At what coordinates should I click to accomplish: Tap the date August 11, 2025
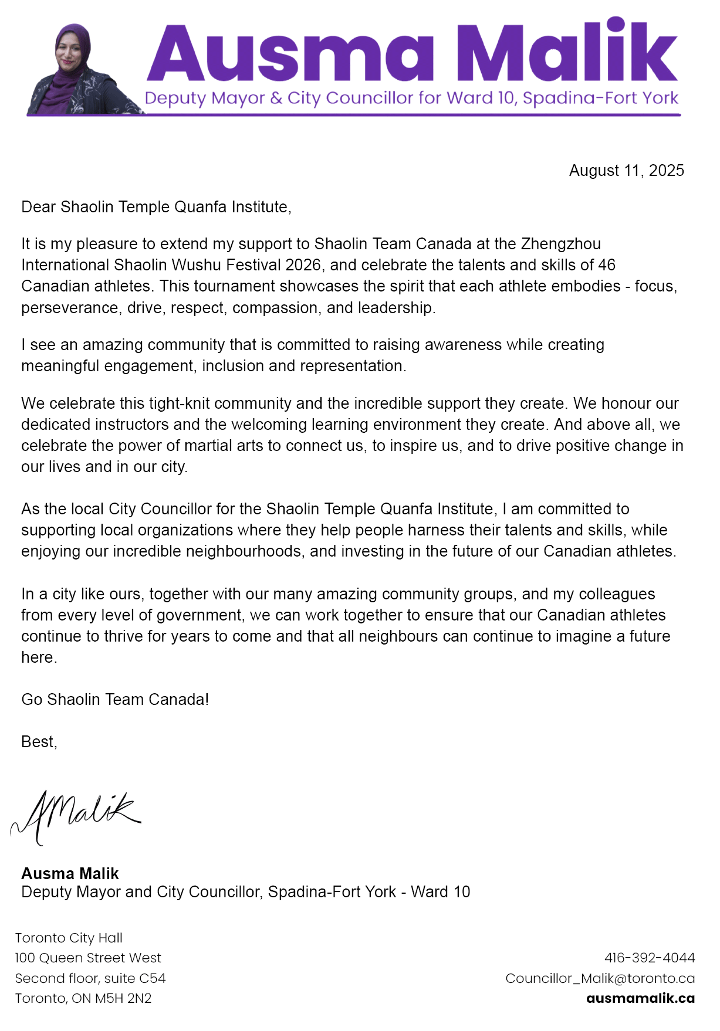(626, 171)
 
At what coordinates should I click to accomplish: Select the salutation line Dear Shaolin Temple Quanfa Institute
(156, 207)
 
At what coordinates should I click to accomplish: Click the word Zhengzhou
(560, 244)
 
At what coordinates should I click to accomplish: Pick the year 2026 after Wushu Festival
(303, 265)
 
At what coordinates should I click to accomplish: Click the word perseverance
(70, 308)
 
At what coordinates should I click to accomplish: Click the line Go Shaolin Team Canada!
(115, 700)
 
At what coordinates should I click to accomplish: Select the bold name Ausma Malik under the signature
(70, 874)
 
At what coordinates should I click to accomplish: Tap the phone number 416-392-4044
(650, 958)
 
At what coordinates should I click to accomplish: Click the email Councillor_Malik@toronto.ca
(600, 978)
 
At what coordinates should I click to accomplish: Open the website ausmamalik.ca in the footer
(640, 998)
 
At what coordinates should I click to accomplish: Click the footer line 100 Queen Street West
(88, 958)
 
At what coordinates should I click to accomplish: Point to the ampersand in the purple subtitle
(276, 98)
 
